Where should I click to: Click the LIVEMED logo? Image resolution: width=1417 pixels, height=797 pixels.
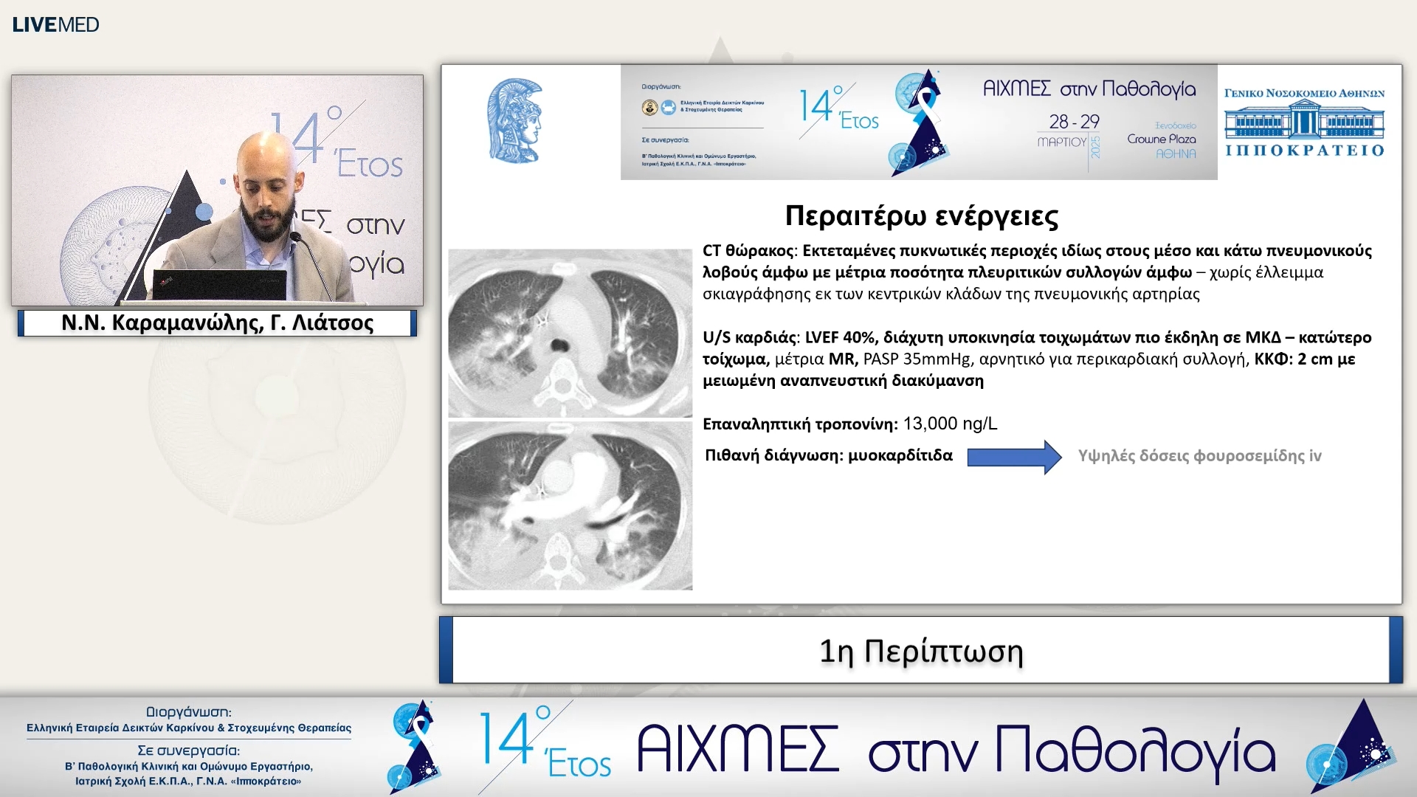pos(55,24)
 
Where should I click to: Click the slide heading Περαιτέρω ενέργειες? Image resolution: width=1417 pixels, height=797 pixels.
pos(921,216)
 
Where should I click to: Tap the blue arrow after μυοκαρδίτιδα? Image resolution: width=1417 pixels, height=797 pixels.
pos(1014,457)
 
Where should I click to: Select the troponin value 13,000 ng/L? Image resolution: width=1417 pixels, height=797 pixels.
pos(950,424)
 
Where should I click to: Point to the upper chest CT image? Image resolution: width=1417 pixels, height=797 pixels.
pos(570,334)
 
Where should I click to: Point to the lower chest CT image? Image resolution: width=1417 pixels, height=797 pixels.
pos(570,506)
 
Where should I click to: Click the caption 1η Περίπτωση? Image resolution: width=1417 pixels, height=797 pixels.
pos(921,652)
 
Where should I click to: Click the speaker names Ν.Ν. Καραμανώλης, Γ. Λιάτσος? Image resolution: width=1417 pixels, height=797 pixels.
pos(217,322)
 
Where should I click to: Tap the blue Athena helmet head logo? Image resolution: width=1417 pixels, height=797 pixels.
pos(515,122)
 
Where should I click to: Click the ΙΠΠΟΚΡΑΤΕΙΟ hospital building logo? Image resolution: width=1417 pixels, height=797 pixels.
pos(1304,123)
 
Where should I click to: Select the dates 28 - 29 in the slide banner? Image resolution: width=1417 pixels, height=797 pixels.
pos(1074,121)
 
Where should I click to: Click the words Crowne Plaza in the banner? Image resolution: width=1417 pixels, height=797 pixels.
pos(1161,139)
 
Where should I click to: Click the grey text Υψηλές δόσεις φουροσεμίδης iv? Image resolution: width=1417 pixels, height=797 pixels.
pos(1199,456)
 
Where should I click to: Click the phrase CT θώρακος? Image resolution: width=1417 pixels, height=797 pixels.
pos(748,251)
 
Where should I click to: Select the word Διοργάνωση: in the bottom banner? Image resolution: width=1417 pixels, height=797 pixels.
pos(188,712)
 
